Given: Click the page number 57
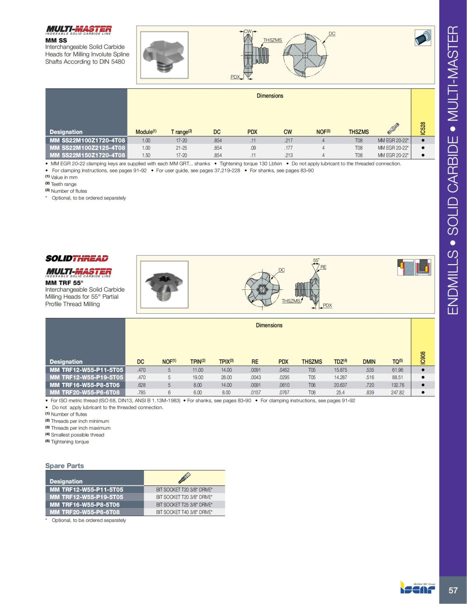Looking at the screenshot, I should click(453, 590).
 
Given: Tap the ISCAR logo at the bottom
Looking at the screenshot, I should click(418, 588).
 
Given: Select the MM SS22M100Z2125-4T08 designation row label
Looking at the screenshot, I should click(87, 148).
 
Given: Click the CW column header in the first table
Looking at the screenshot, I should click(288, 132).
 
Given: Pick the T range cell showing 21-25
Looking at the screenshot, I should click(181, 148).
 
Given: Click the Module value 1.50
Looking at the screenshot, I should click(146, 155).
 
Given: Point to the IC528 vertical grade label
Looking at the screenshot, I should click(423, 128).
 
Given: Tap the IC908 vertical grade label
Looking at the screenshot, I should click(423, 358).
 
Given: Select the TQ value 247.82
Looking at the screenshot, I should click(397, 392).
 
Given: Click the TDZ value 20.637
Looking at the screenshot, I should click(340, 385).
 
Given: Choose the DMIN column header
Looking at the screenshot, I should click(369, 362).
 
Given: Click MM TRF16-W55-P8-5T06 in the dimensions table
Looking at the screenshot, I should click(85, 385).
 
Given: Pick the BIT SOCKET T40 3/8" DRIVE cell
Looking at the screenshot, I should click(184, 512).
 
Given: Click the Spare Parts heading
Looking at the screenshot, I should click(64, 466).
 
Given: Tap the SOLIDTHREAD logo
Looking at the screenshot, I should click(77, 258).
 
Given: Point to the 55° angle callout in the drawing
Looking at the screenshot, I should click(316, 260).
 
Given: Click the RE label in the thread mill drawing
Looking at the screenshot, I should click(323, 267).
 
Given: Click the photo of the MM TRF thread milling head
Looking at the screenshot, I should click(161, 284).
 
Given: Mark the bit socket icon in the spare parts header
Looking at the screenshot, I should click(184, 477).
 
